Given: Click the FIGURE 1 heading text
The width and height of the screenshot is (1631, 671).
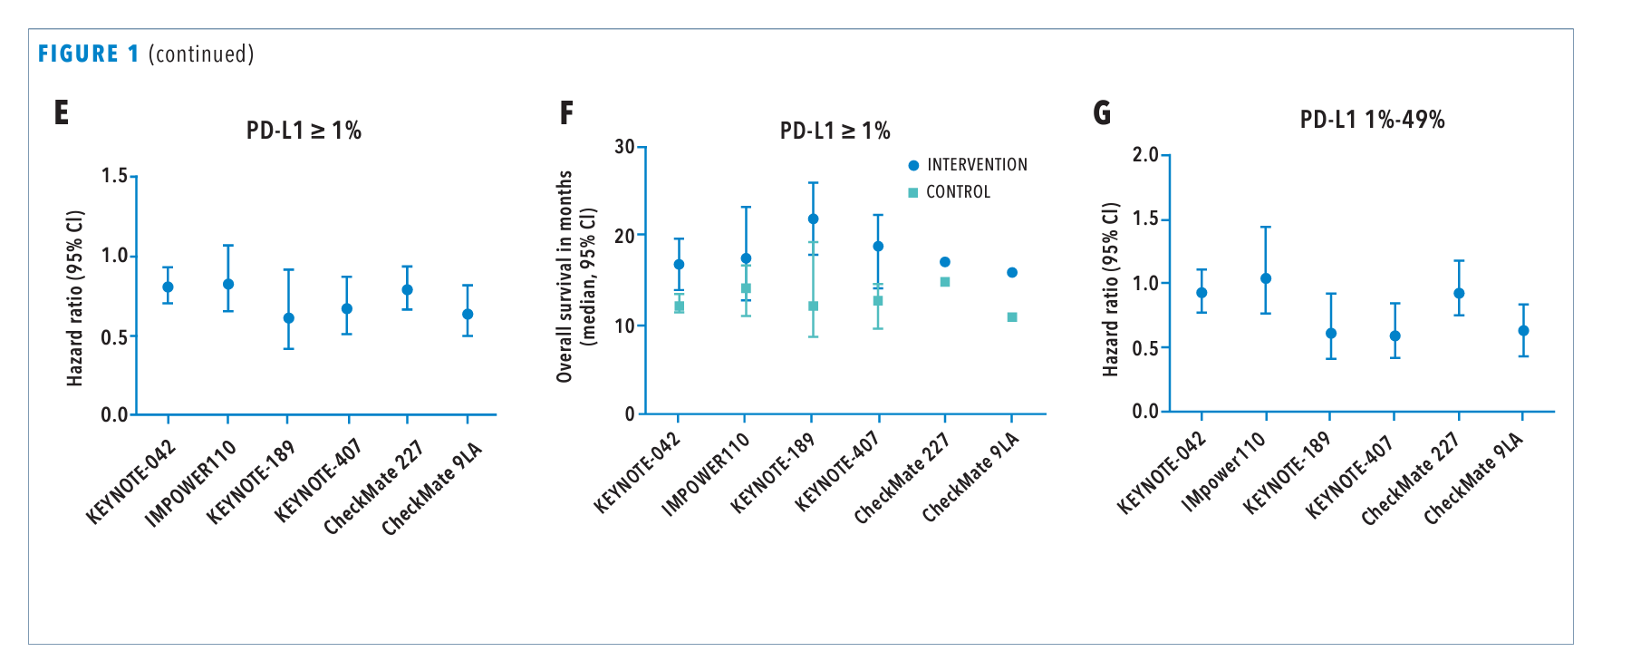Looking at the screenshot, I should (89, 54).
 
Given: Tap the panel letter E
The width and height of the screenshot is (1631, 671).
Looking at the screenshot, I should (62, 112).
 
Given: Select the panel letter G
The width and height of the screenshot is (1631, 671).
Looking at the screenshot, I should (1102, 112).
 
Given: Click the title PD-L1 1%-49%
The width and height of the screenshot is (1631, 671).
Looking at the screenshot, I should (1372, 120).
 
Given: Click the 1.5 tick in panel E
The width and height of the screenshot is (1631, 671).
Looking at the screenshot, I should (115, 175).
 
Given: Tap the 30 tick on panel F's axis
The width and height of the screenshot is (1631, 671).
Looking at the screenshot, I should (624, 147).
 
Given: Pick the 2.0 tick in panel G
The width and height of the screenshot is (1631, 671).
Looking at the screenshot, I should (1145, 155).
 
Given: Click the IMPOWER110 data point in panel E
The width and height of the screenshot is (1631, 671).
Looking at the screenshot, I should (228, 284).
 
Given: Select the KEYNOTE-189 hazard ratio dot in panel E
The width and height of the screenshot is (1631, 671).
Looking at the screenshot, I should (289, 318).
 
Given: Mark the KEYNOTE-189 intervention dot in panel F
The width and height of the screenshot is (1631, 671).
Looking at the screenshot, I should (813, 219).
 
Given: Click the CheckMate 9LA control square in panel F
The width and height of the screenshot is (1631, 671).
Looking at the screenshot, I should (1012, 317).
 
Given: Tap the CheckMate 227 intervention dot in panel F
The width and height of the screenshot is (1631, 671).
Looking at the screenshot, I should (945, 262).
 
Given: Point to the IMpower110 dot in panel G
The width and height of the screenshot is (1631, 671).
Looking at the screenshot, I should (1266, 278).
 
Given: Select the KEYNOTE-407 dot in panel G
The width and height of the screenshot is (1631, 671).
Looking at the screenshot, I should (1395, 335).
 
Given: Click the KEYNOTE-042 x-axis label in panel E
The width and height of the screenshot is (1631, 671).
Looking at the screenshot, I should (131, 482).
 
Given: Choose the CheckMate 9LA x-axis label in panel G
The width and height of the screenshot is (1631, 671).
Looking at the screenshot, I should (1474, 479).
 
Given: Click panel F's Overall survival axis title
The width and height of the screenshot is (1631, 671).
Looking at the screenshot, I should (565, 277).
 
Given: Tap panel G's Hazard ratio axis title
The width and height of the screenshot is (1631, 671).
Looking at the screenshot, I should (1111, 289).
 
